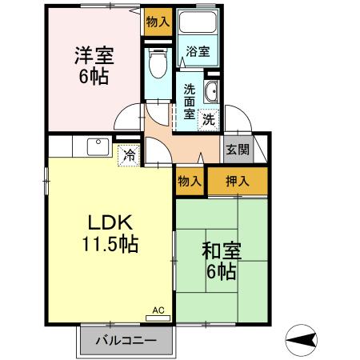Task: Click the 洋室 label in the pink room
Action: (94, 57)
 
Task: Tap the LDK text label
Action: (110, 222)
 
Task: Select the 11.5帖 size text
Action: (110, 244)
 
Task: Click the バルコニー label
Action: (126, 340)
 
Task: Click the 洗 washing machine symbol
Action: (208, 120)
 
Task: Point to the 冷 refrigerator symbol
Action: (127, 155)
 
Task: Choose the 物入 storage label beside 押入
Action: (189, 182)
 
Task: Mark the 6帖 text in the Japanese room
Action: (221, 272)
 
